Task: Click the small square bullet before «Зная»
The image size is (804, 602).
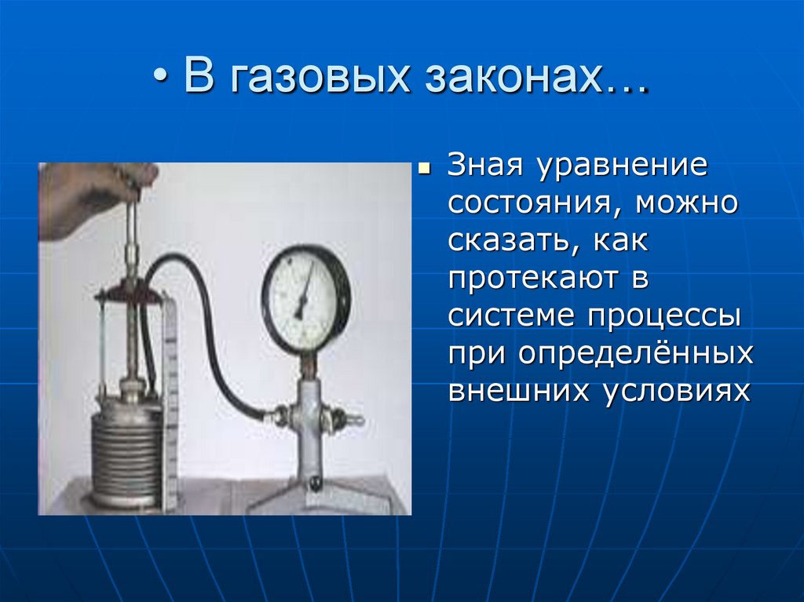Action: (425, 168)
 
